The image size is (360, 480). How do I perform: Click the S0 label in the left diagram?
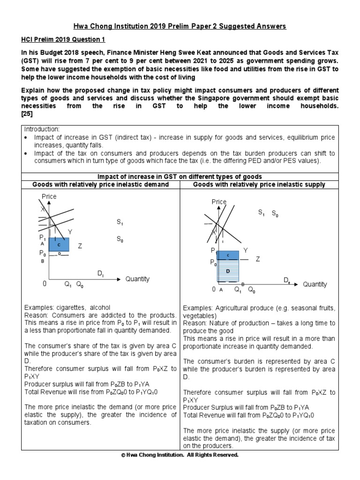[120, 239]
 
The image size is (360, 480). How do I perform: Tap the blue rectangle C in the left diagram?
[59, 245]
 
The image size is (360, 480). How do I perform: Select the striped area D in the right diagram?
[228, 271]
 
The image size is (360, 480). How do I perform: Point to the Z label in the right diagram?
[257, 259]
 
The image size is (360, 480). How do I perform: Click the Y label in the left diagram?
[70, 232]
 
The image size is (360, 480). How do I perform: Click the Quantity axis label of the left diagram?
[137, 279]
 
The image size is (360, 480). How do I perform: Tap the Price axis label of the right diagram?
[219, 202]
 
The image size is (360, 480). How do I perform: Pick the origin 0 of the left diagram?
[45, 284]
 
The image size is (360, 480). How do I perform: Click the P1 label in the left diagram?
[43, 238]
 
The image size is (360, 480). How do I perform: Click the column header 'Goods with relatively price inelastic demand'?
[100, 184]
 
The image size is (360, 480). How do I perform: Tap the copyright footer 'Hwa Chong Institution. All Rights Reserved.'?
[180, 455]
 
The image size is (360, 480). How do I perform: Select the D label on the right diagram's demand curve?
[286, 280]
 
